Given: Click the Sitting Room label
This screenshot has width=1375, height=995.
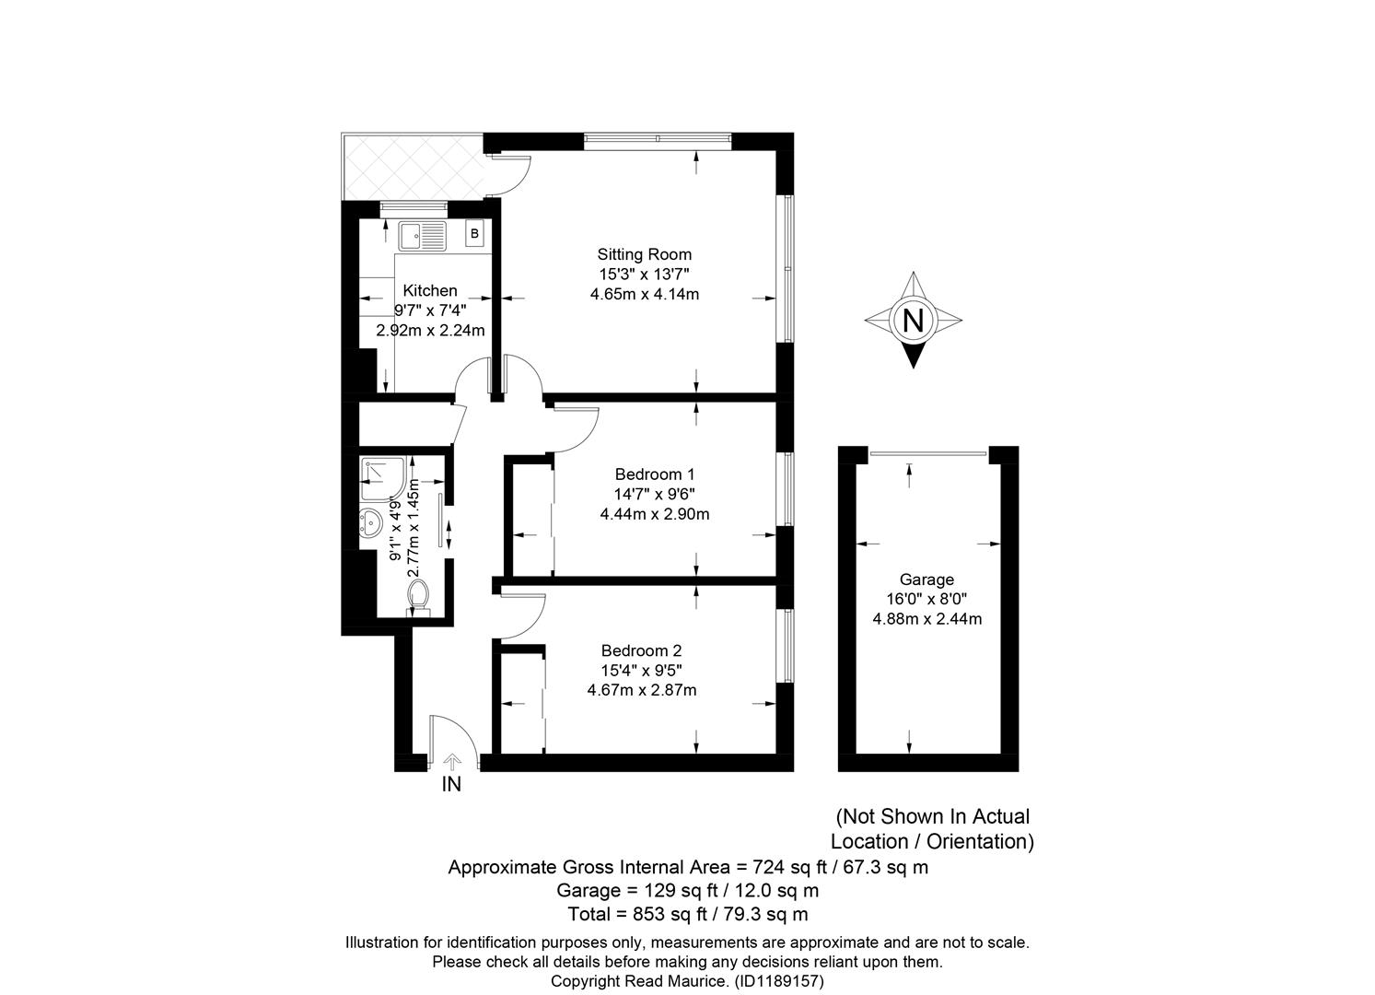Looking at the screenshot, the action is [x=645, y=254].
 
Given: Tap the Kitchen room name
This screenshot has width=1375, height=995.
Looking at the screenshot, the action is [x=430, y=290].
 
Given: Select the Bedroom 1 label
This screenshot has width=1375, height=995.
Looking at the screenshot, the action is [x=655, y=474].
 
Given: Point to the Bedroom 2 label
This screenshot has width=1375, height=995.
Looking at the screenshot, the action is [x=642, y=650].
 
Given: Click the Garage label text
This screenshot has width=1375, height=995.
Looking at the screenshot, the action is [x=926, y=579].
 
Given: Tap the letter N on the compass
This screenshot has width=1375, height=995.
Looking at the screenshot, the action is [x=914, y=321].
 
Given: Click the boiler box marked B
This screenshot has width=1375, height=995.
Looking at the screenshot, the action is [x=474, y=233].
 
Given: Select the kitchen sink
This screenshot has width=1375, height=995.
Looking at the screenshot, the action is [x=423, y=237].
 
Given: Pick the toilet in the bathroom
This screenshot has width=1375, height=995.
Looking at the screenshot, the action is [x=419, y=598].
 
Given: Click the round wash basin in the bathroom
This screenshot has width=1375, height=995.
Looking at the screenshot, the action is [x=371, y=522].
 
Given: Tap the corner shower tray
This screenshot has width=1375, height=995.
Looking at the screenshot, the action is [x=383, y=478].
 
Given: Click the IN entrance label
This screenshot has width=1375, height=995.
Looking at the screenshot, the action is [x=452, y=784].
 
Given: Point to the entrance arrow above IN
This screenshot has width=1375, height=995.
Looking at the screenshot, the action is [x=452, y=762].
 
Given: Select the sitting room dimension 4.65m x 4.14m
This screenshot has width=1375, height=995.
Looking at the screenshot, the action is [x=645, y=294].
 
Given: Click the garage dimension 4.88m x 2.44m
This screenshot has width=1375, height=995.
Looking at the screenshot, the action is [x=926, y=619].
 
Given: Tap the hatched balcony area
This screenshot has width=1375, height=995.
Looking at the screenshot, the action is [x=414, y=167].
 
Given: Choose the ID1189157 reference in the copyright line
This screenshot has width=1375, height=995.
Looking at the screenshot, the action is [x=779, y=981].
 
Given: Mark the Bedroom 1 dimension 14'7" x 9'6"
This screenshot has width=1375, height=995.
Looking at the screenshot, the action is [x=655, y=494].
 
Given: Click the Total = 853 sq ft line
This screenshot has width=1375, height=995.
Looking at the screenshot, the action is [x=688, y=915].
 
